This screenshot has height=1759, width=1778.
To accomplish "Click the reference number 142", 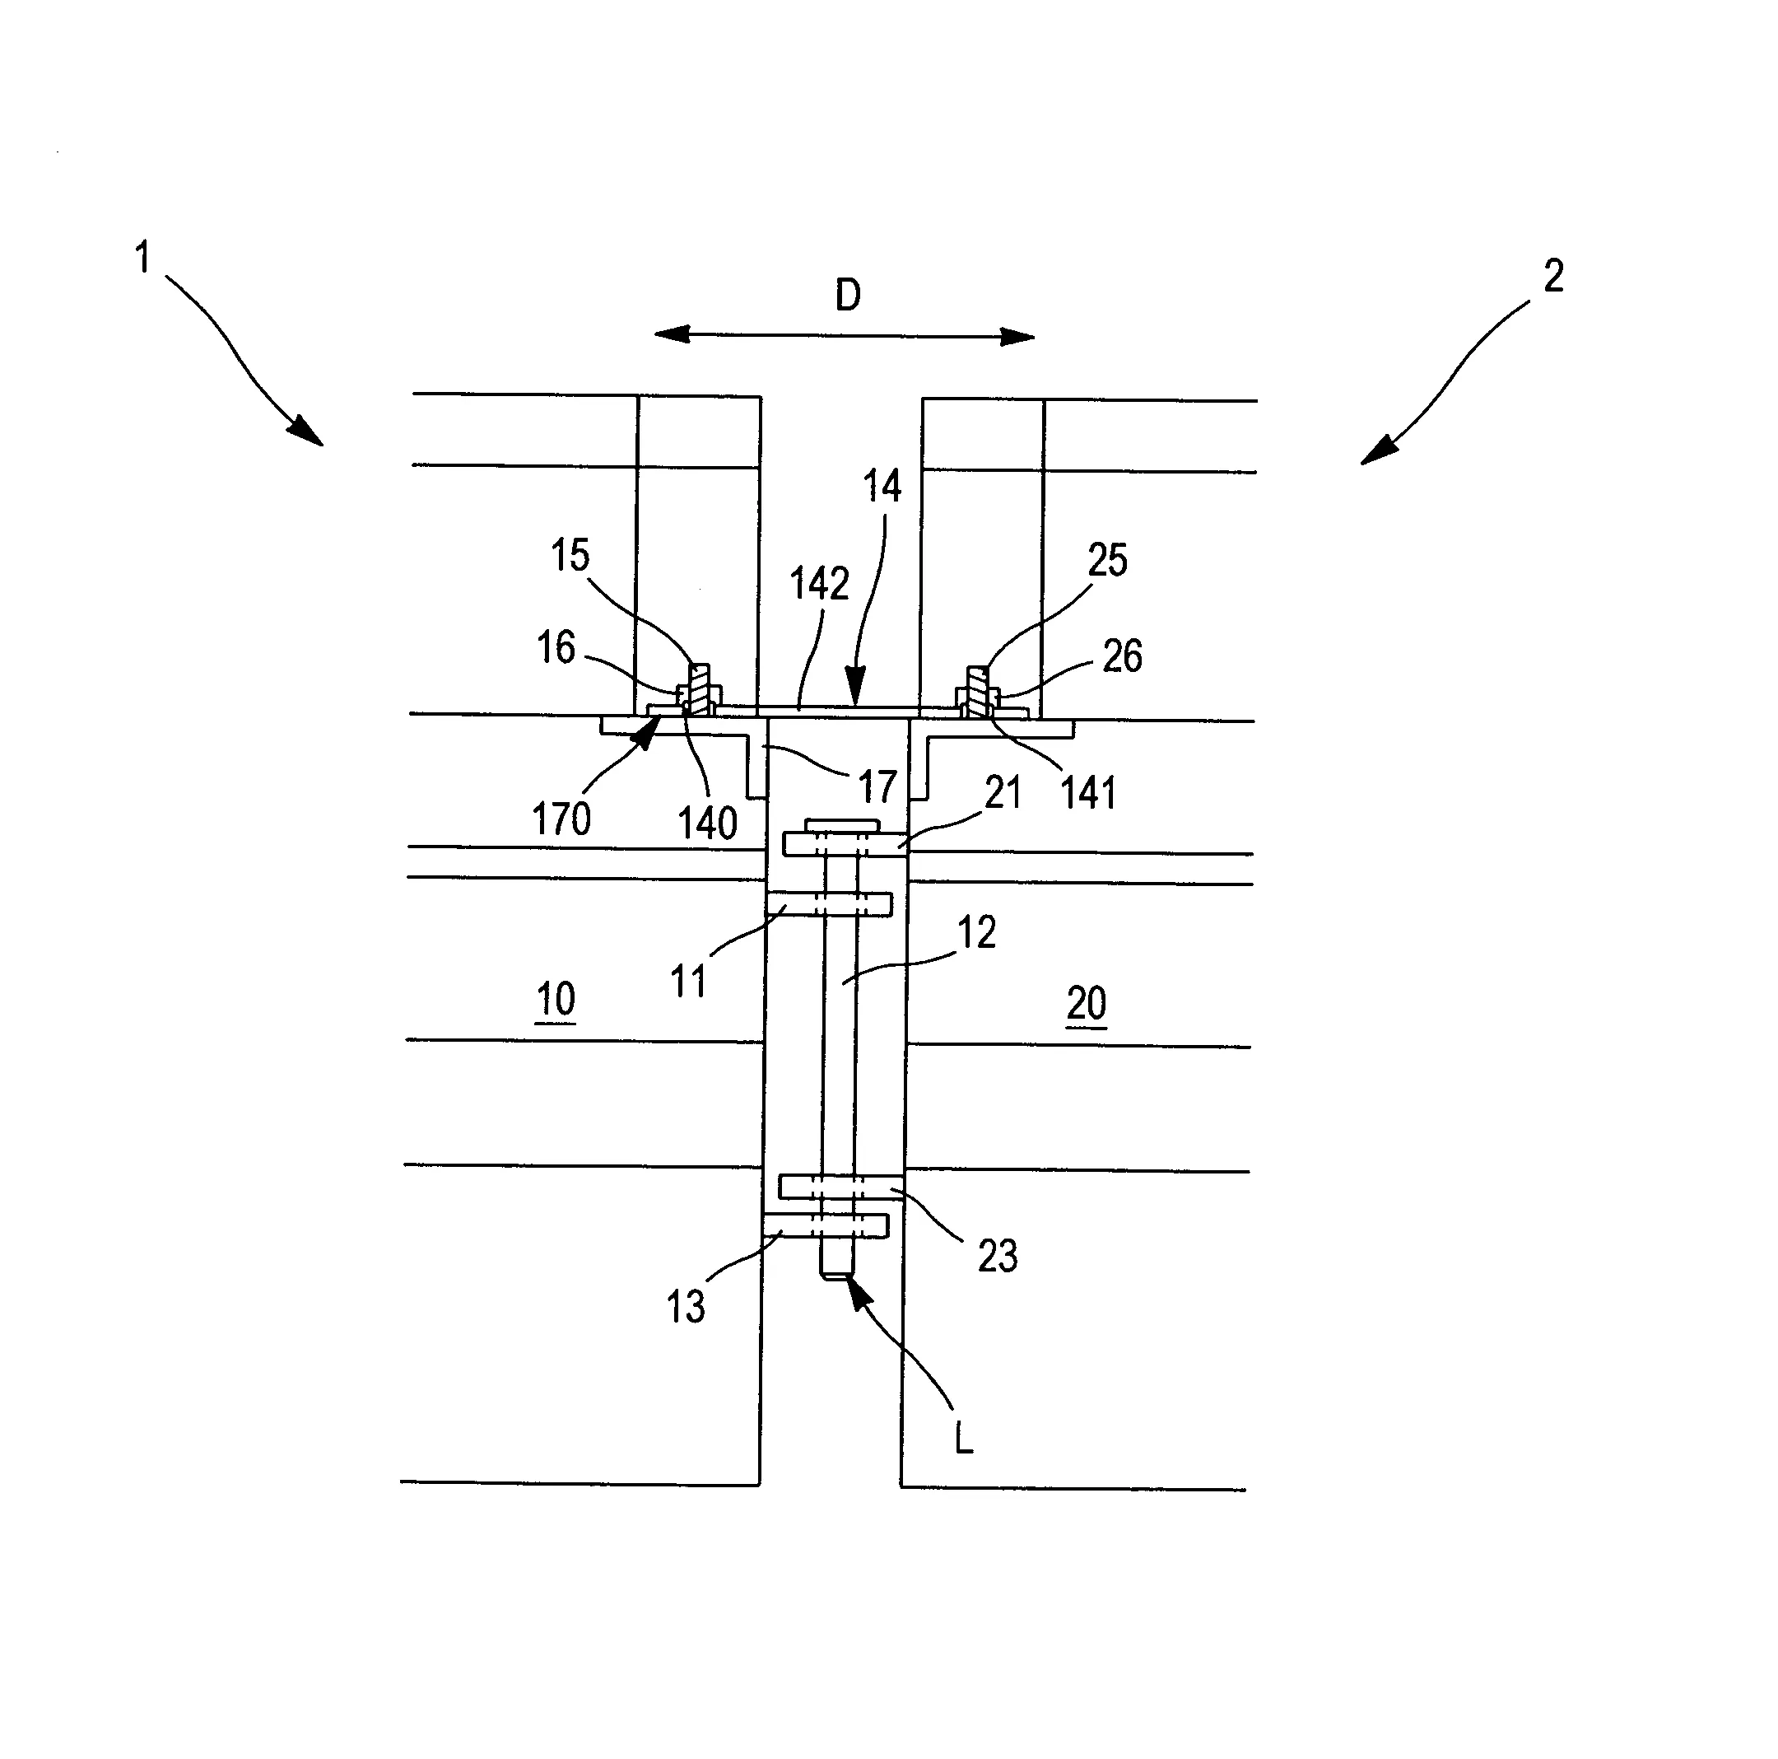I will pos(819,584).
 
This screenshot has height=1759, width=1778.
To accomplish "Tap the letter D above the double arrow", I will pos(848,296).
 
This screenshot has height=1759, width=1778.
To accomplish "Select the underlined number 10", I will pos(555,999).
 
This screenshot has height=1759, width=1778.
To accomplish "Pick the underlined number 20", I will pos(1086,1002).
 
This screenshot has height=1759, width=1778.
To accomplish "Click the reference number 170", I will pos(561,819).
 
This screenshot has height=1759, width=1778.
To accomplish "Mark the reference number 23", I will pos(998,1256).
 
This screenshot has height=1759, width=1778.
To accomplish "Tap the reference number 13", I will pos(686,1306).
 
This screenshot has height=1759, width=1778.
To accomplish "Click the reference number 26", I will pos(1122,656).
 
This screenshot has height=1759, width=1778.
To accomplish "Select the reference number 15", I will pos(570,555).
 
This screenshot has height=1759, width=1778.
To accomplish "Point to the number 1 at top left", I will pos(142,258).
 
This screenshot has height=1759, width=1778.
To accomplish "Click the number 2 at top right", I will pos(1553,276).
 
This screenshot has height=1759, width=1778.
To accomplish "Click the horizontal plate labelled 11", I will pos(828,904).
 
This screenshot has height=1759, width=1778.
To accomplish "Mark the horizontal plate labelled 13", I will pos(825,1225).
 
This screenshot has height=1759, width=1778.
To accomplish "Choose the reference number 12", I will pos(976,933).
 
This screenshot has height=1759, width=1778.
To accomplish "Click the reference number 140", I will pos(707,822).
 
